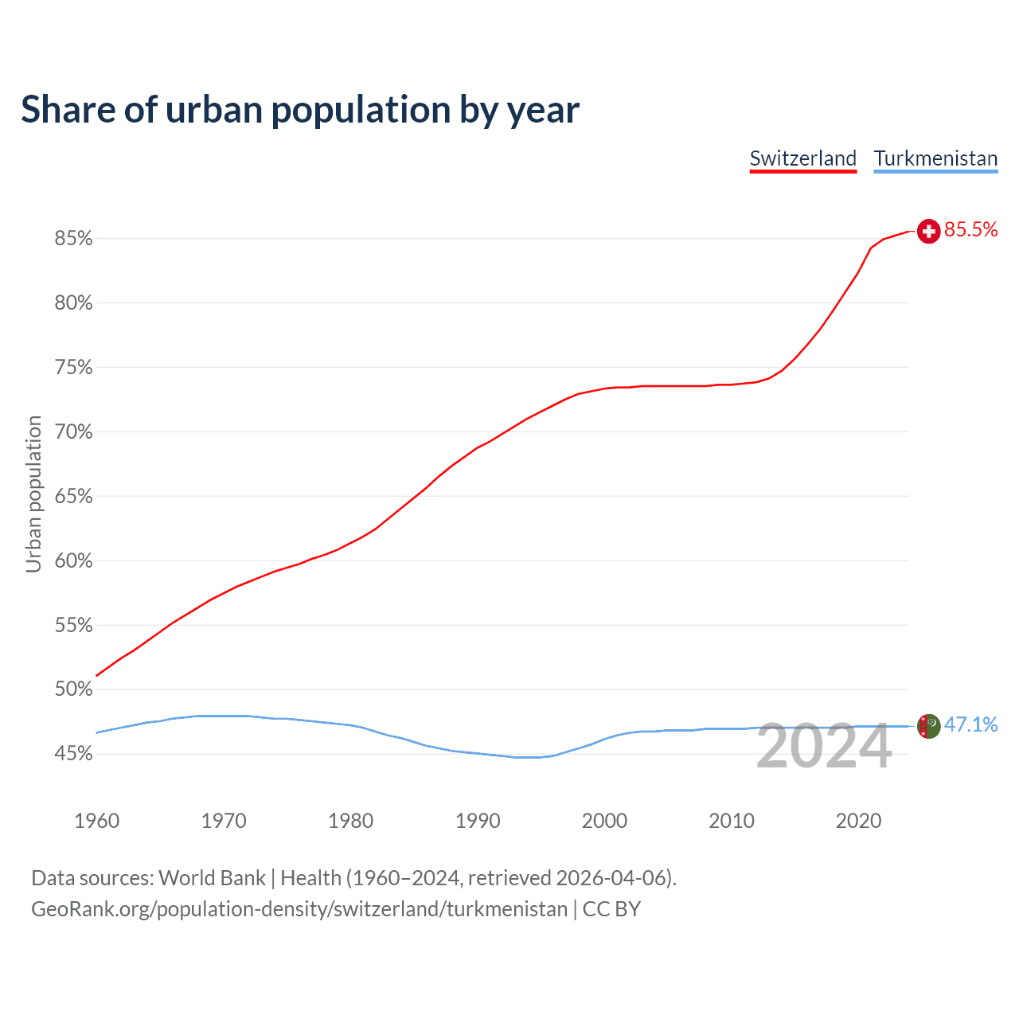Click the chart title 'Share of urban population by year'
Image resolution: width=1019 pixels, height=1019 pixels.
tap(300, 110)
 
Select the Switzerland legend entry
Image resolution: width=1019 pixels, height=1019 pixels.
tap(802, 158)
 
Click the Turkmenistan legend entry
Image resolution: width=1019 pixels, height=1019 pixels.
tap(935, 158)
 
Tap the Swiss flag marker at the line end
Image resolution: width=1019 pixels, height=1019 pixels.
tap(928, 231)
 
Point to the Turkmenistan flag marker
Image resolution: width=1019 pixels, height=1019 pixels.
tap(928, 726)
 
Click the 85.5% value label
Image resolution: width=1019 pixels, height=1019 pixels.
tap(971, 230)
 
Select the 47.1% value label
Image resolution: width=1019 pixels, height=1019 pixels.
tap(971, 724)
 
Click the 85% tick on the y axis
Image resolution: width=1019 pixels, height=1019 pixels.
tap(74, 239)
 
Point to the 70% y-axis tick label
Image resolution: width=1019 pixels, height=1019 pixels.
tap(74, 432)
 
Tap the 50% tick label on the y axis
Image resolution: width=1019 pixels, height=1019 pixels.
tap(74, 689)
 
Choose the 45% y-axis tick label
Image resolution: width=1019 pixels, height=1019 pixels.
tap(74, 754)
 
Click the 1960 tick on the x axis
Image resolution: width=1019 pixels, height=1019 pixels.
tap(96, 821)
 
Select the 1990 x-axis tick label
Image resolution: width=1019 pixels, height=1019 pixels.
tap(478, 821)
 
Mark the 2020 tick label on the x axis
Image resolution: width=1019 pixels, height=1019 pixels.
tap(858, 821)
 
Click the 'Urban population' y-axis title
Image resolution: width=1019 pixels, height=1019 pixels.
tap(33, 494)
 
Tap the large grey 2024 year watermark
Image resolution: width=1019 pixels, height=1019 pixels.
tap(824, 747)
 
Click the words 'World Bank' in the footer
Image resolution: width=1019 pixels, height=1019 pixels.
tap(212, 878)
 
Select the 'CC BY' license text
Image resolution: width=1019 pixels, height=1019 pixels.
tap(611, 909)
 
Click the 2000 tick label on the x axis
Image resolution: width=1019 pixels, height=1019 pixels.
tap(604, 821)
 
